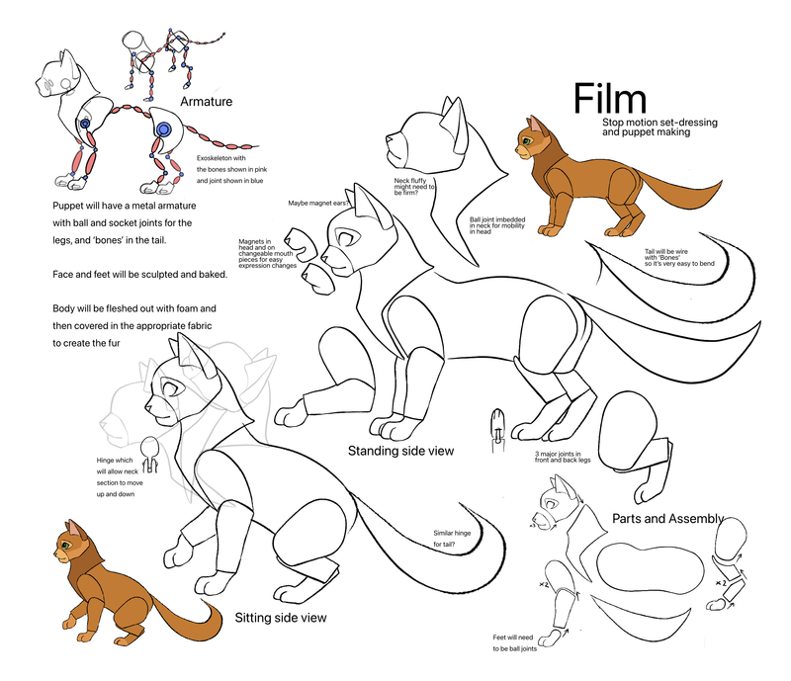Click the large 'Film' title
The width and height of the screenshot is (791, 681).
[x=610, y=98]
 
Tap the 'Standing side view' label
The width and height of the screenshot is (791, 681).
[x=400, y=451]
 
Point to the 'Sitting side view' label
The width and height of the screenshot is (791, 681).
[x=281, y=618]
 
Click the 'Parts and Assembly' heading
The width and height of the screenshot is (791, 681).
[x=667, y=518]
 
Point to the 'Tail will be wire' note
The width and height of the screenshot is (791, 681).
[x=680, y=256]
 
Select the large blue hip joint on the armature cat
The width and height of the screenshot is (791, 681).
[x=164, y=129]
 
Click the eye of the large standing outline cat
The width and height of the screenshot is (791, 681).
[x=343, y=237]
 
